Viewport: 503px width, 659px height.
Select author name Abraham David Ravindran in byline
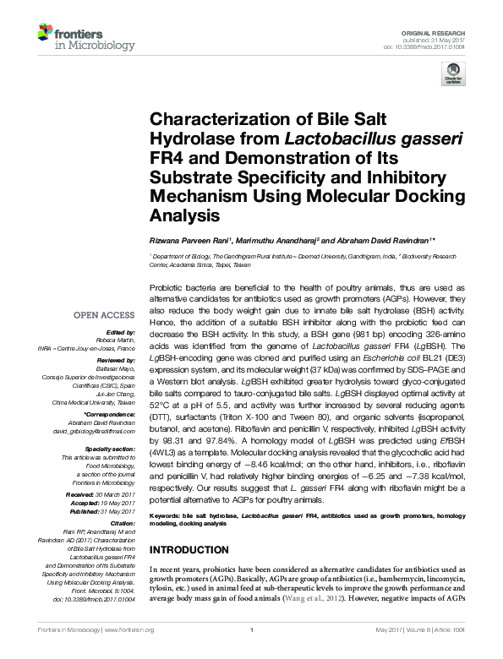[379, 242]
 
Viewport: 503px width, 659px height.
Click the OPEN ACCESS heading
[104, 315]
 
